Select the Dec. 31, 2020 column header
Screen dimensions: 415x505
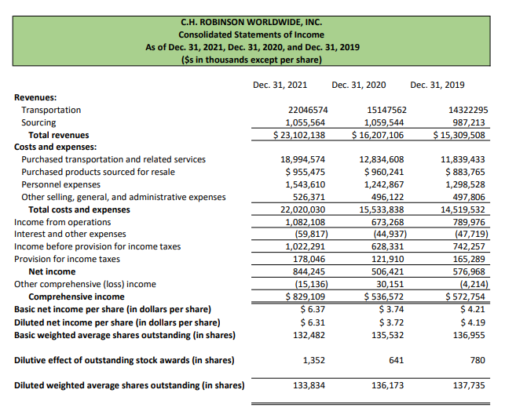358,84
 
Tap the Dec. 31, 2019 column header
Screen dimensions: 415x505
437,84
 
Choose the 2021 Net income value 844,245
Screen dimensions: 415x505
305,271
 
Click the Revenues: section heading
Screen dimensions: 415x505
35,98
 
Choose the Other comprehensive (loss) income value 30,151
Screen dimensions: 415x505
387,284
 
